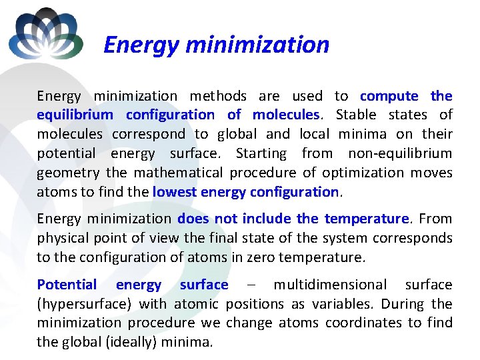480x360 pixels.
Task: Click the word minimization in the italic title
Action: click(x=258, y=45)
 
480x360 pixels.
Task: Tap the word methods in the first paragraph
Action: click(x=218, y=96)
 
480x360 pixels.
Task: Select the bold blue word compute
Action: click(x=389, y=96)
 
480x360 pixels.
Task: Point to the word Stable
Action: click(x=357, y=115)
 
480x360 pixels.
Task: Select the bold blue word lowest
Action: click(x=173, y=192)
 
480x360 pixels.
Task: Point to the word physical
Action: click(x=63, y=238)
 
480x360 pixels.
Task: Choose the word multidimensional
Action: click(x=330, y=285)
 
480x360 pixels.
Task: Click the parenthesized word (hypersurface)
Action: click(x=85, y=304)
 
